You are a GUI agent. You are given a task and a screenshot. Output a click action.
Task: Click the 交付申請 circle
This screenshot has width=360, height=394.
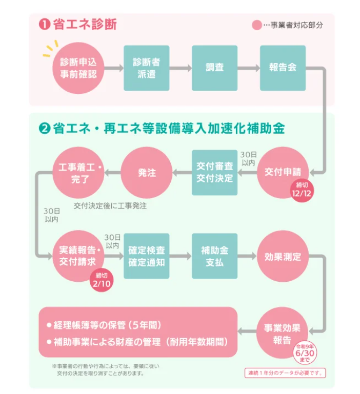tap(283, 172)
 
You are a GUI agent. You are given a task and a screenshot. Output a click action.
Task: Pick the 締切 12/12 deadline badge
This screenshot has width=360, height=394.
tap(301, 189)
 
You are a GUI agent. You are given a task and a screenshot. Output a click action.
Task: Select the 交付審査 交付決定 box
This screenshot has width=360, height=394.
tap(215, 172)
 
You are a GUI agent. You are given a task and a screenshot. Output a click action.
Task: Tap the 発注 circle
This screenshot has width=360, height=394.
tap(147, 172)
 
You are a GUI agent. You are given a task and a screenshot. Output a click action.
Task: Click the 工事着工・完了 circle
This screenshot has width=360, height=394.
tap(78, 172)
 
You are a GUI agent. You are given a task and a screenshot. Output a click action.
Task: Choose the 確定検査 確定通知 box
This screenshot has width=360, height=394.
tap(147, 256)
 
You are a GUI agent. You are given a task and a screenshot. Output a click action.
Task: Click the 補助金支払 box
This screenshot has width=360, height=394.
tap(215, 256)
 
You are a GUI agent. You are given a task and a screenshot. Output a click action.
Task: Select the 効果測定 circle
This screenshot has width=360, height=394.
tap(283, 256)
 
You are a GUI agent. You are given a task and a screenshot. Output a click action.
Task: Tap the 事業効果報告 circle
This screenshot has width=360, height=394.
tap(283, 334)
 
